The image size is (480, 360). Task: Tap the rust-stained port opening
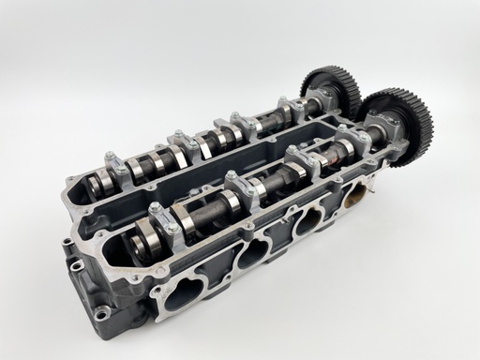point(355,199)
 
